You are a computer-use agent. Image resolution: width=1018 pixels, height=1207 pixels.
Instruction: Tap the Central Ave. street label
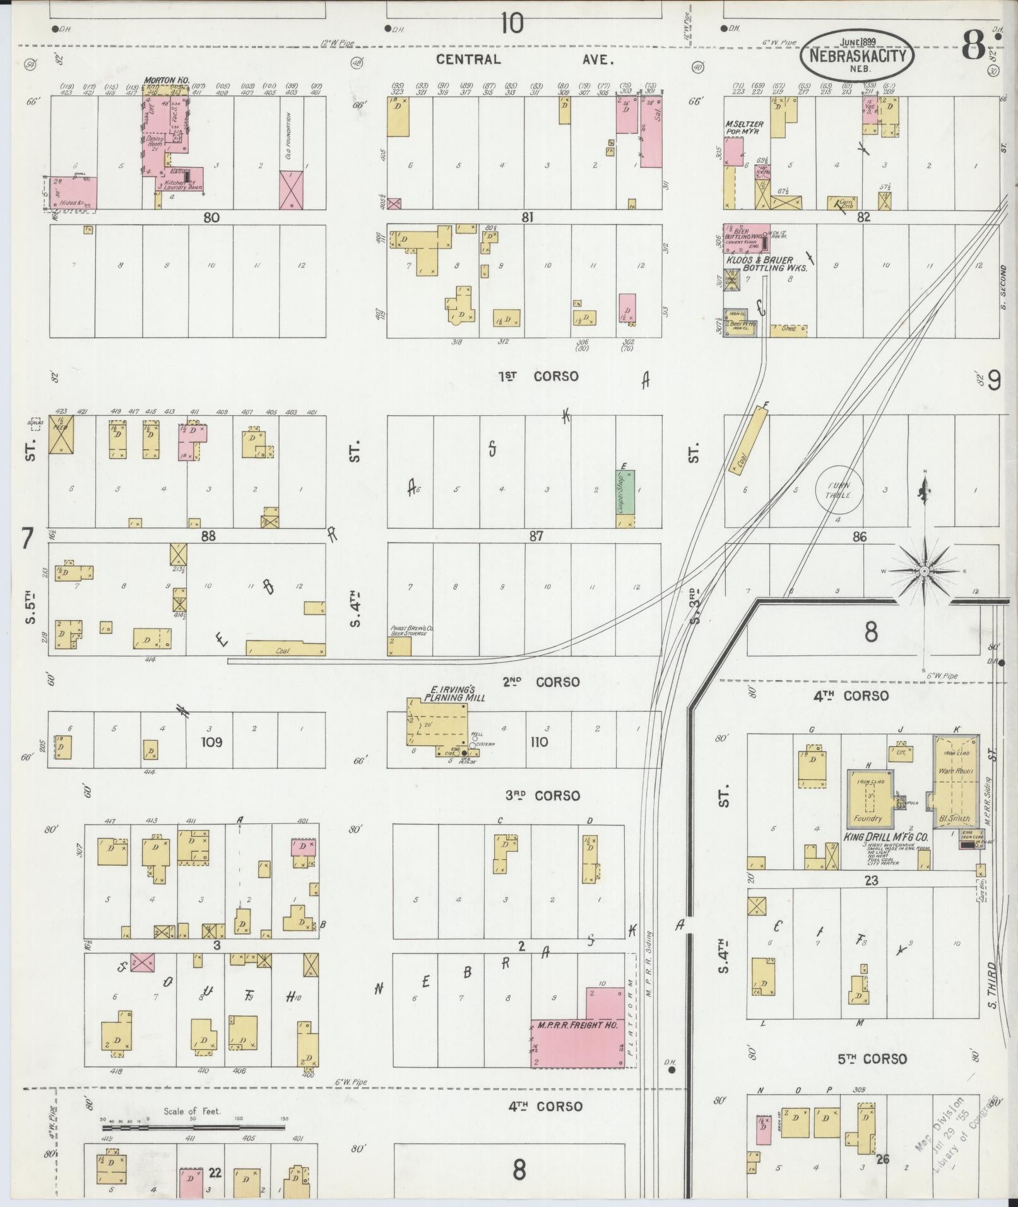point(524,59)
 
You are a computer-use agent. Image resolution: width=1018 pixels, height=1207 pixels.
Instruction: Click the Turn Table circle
point(839,490)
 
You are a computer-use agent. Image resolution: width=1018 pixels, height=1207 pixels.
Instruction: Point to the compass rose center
point(924,571)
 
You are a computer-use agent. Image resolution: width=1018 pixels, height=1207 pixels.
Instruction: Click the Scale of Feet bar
point(193,1127)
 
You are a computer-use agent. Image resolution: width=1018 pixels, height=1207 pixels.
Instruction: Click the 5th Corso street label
point(872,1059)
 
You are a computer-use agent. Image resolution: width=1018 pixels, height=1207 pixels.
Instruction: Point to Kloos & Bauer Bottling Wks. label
point(766,264)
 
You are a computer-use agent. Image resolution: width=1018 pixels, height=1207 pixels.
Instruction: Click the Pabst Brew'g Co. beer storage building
point(399,645)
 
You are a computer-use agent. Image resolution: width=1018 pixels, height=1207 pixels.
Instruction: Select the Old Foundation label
point(289,136)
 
